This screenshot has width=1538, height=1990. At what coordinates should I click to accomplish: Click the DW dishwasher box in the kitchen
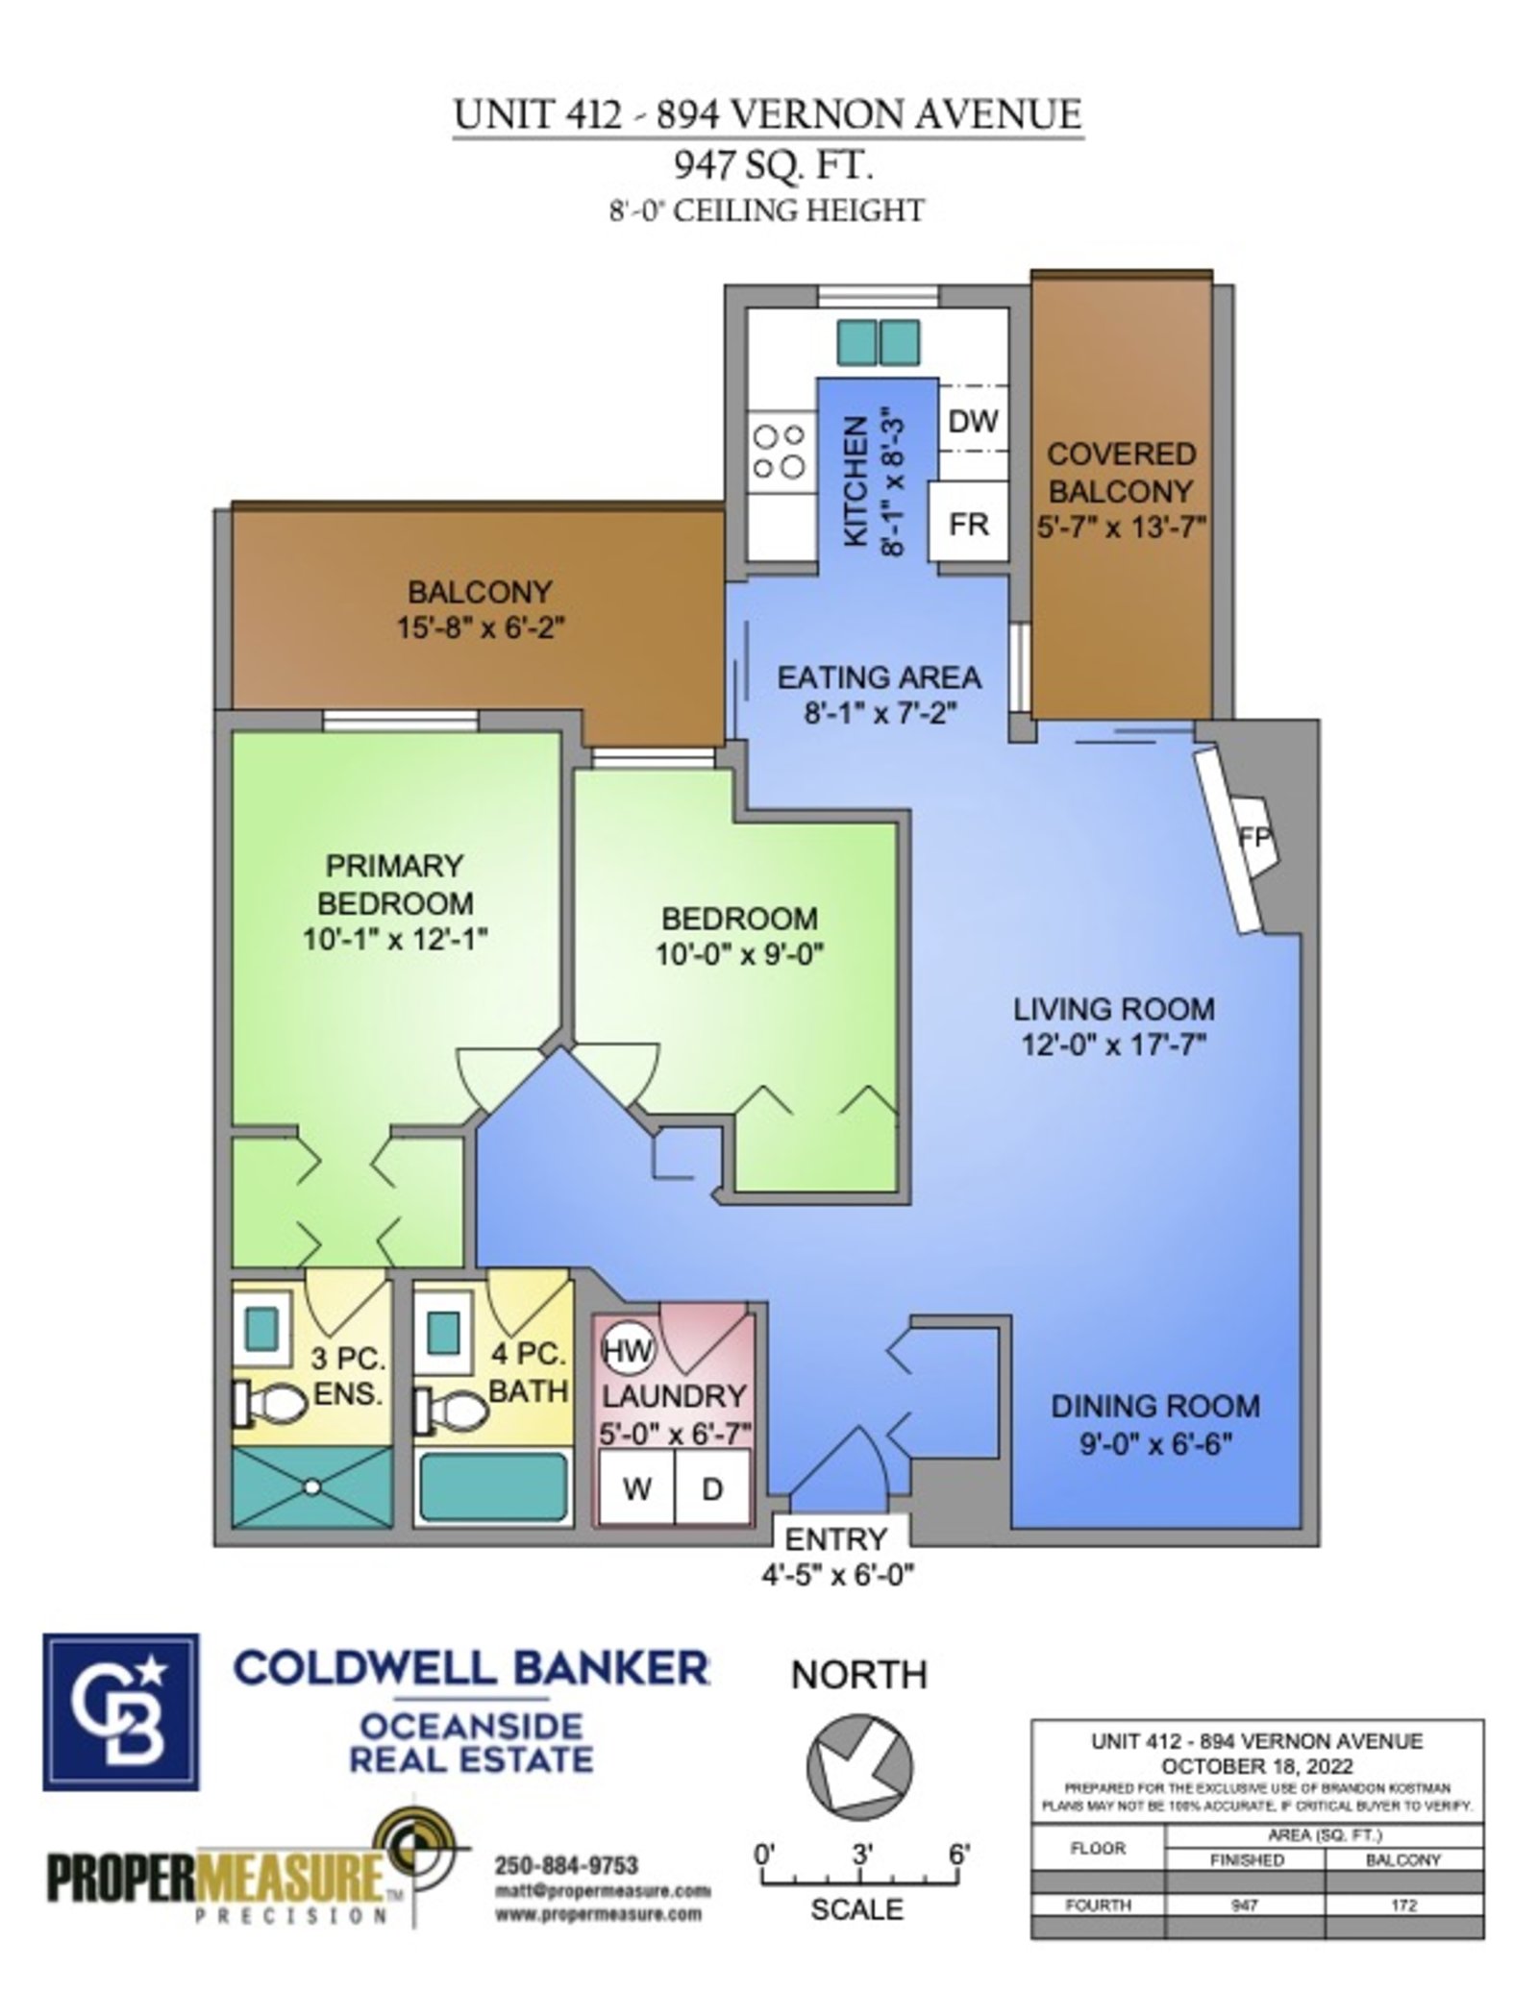coord(972,420)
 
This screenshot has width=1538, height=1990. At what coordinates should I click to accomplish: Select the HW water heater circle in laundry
coord(627,1351)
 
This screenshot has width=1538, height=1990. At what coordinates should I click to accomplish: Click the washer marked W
coord(635,1487)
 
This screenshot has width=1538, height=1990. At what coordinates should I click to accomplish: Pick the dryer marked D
coord(712,1487)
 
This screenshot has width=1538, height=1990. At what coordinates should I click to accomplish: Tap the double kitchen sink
coord(877,343)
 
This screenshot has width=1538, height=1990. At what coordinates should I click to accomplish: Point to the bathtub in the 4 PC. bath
coord(493,1486)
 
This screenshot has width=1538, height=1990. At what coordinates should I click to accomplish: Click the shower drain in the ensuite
coord(311,1486)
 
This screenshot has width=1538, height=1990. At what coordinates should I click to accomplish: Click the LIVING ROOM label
coord(1114,1009)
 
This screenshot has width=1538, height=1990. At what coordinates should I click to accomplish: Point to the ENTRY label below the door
coord(835,1538)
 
